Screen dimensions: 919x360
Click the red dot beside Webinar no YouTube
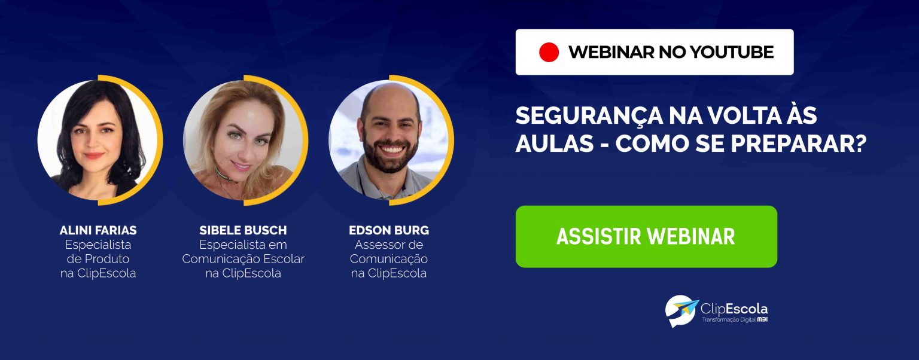pyautogui.click(x=549, y=52)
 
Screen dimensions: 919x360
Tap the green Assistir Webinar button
pyautogui.click(x=646, y=237)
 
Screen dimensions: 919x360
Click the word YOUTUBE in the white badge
pyautogui.click(x=732, y=52)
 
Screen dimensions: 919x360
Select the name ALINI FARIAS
pyautogui.click(x=98, y=230)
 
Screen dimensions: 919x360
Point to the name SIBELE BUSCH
pyautogui.click(x=244, y=230)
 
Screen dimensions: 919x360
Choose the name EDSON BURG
pyautogui.click(x=389, y=230)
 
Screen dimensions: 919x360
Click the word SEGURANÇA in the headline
pyautogui.click(x=589, y=116)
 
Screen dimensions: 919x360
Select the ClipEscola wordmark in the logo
pyautogui.click(x=734, y=309)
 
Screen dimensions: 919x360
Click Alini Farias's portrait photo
pyautogui.click(x=98, y=140)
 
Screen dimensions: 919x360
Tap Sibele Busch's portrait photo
pyautogui.click(x=244, y=140)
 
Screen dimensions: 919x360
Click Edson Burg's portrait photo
pyautogui.click(x=389, y=140)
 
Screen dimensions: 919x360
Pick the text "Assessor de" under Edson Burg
pyautogui.click(x=389, y=245)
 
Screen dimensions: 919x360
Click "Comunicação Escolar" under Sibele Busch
pyautogui.click(x=244, y=259)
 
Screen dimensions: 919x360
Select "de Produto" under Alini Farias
pyautogui.click(x=98, y=259)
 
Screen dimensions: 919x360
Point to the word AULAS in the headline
pyautogui.click(x=555, y=144)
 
